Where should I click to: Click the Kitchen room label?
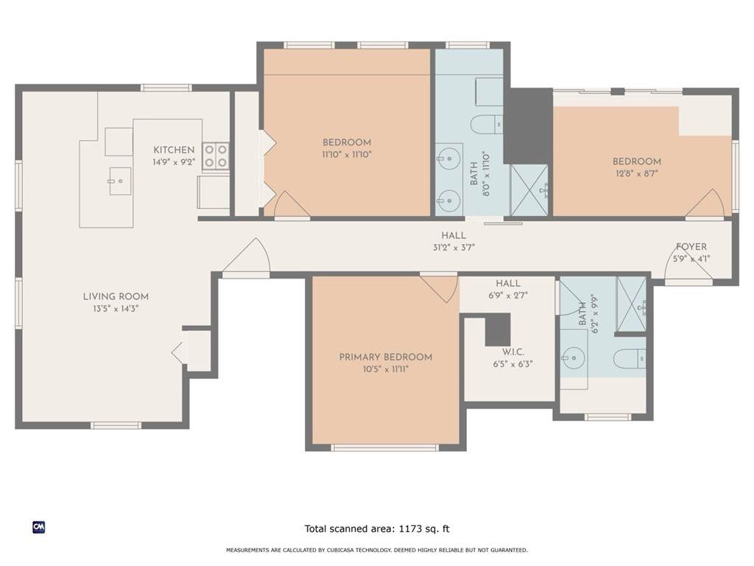click(174, 150)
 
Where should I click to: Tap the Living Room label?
click(116, 296)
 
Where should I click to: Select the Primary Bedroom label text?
click(386, 357)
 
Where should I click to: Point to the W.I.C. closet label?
click(513, 352)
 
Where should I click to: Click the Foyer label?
click(691, 246)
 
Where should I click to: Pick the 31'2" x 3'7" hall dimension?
click(454, 248)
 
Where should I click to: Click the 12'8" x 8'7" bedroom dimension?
click(637, 173)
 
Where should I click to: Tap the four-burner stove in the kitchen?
click(216, 156)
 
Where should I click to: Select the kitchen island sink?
click(120, 181)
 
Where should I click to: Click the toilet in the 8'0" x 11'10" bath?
click(486, 125)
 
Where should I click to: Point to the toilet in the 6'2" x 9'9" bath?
click(630, 359)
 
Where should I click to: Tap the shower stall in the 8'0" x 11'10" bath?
click(529, 190)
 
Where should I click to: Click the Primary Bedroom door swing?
click(439, 288)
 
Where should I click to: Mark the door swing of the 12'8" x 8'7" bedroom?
click(705, 203)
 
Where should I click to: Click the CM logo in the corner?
click(39, 528)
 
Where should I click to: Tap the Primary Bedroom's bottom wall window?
click(384, 447)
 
